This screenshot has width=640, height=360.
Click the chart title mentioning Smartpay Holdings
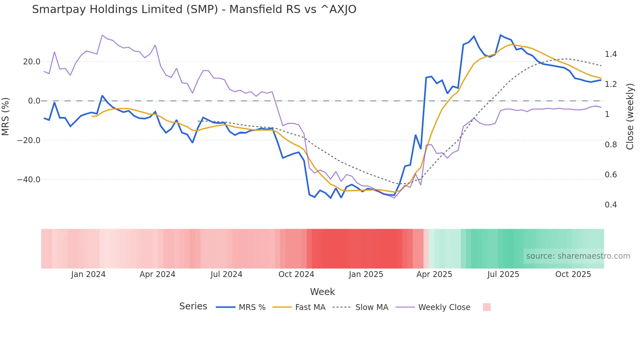coord(194,9)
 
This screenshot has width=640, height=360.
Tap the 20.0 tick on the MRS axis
coord(32,62)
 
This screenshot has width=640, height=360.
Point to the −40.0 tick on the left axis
coord(29,180)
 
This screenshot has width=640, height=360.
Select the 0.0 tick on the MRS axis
coord(34,101)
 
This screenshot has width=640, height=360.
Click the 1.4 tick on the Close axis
coord(611,54)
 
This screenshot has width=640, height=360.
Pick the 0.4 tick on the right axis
coord(611,205)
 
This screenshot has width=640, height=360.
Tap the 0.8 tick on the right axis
coord(611,145)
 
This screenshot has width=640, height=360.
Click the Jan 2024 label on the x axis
coord(88,274)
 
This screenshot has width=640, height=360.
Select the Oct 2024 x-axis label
coord(296,274)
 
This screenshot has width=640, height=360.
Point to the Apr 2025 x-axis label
coord(434,274)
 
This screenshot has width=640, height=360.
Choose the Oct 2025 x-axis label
coord(573,274)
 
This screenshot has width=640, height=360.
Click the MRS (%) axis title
coord(6,116)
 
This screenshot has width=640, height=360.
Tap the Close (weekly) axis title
coord(630,117)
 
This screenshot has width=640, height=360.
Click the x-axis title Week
coord(322,292)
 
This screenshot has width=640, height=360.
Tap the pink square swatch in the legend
coord(487,307)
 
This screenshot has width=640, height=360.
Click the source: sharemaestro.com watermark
coord(578,256)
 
